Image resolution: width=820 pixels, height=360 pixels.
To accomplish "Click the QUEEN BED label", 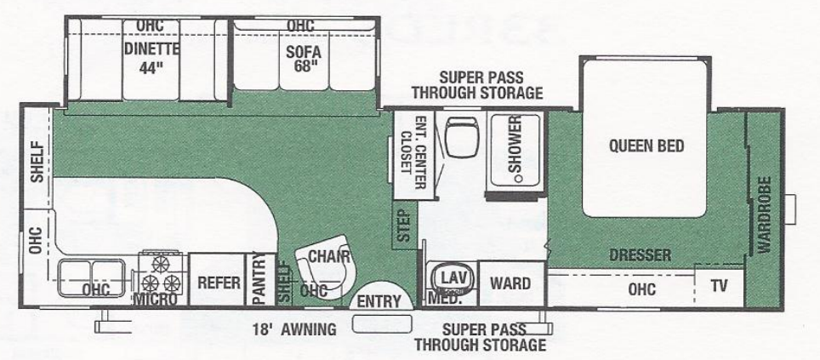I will [646, 146].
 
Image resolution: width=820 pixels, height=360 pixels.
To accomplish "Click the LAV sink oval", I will [450, 277].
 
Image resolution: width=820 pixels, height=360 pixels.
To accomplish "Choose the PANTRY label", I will [259, 280].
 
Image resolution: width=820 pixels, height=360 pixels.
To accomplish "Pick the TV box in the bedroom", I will [720, 286].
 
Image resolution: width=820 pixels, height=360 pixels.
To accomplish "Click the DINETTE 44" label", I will [151, 56].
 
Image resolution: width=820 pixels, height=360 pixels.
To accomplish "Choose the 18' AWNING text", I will [293, 328].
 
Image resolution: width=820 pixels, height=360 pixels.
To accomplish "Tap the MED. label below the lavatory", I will [449, 299].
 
